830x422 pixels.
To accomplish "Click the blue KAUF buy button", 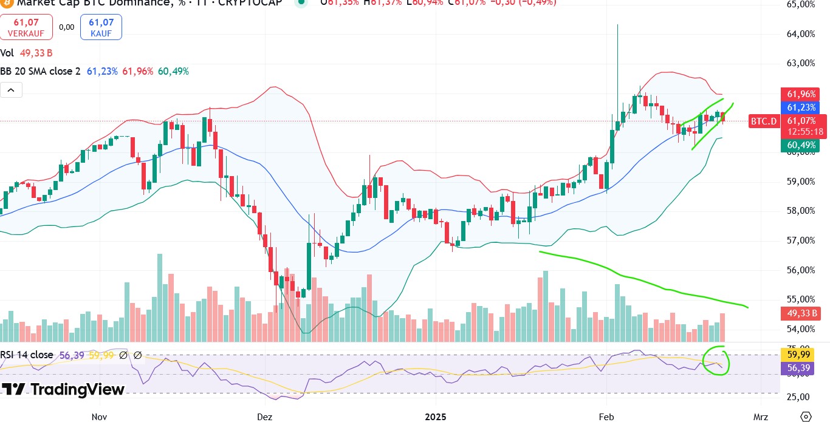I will pos(101,27).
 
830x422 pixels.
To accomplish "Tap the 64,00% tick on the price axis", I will pos(800,34).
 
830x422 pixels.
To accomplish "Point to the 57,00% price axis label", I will pos(800,240).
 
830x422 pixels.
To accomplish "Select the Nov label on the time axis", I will pos(99,417).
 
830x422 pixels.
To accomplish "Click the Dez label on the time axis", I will pos(264,417).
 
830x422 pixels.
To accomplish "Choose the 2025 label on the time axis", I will pos(436,417).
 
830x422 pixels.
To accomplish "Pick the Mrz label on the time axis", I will pos(760,417).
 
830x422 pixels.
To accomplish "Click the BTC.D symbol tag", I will pos(763,121).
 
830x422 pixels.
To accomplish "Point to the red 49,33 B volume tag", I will pos(801,313).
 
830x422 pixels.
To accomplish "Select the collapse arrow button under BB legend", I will pos(11,91).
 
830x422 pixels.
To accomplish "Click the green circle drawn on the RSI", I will pos(716,360).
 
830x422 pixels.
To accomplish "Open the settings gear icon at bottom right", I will pos(806,417).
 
